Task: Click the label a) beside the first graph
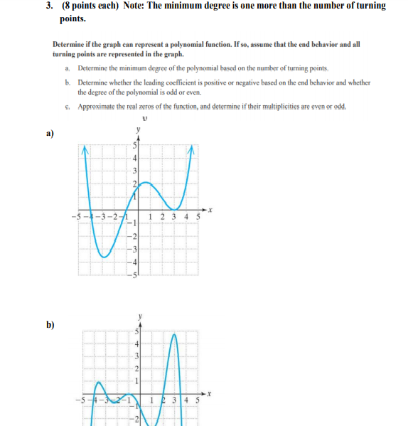click(x=50, y=133)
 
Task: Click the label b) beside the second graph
click(x=50, y=325)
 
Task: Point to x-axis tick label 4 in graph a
click(x=187, y=216)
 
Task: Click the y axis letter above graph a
click(x=139, y=129)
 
